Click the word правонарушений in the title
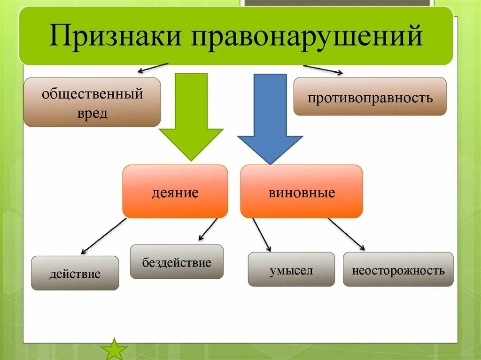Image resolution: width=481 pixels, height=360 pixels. pyautogui.click(x=307, y=37)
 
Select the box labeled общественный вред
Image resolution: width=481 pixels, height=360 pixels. pyautogui.click(x=92, y=102)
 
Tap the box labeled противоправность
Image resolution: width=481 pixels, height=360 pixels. pyautogui.click(x=370, y=97)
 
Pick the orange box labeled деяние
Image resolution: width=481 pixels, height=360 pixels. pyautogui.click(x=175, y=191)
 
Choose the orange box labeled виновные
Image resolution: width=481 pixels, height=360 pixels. pyautogui.click(x=302, y=191)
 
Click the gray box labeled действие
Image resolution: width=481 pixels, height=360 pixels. pyautogui.click(x=75, y=273)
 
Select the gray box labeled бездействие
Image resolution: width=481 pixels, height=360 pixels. pyautogui.click(x=177, y=262)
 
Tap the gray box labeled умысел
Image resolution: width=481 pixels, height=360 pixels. pyautogui.click(x=291, y=269)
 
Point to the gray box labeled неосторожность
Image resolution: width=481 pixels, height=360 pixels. pyautogui.click(x=398, y=269)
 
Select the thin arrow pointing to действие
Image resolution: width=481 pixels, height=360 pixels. pyautogui.click(x=103, y=236)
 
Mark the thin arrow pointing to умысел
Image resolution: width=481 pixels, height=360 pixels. pyautogui.click(x=262, y=235)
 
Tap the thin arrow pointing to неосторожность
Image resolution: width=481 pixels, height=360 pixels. pyautogui.click(x=347, y=234)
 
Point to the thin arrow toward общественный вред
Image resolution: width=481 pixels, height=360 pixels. pyautogui.click(x=153, y=67)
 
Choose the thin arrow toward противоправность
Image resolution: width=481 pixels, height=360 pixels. pyautogui.click(x=323, y=69)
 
